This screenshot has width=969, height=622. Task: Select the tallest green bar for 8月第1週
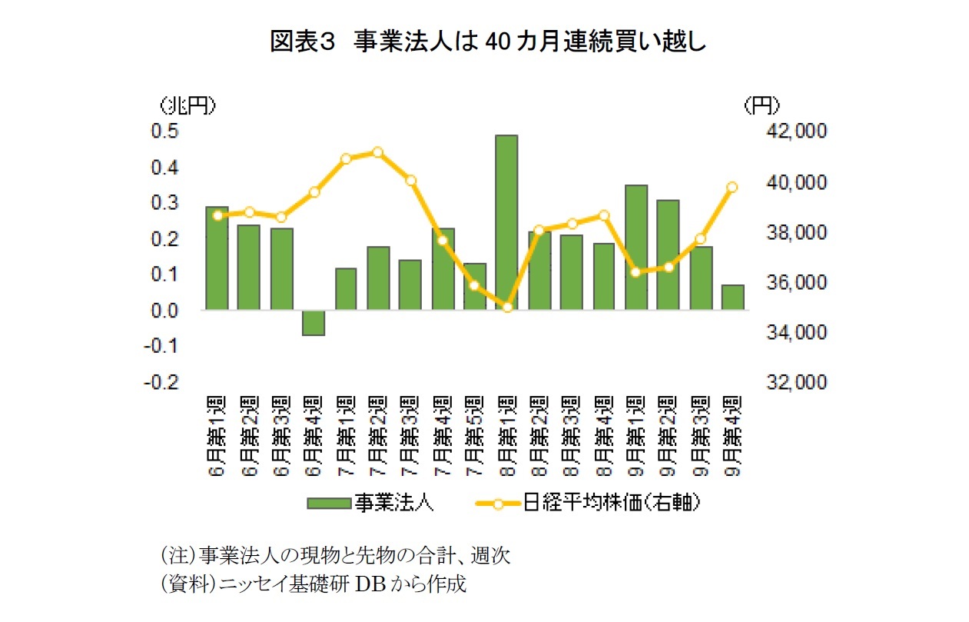pyautogui.click(x=506, y=222)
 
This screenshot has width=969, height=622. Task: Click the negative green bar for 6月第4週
pyautogui.click(x=314, y=323)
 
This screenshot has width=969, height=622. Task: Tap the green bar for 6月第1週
pyautogui.click(x=217, y=258)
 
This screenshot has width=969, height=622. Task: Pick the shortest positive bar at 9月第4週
pyautogui.click(x=732, y=298)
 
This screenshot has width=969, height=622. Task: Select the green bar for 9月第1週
pyautogui.click(x=635, y=248)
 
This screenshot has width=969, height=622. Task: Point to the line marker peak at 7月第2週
pyautogui.click(x=377, y=152)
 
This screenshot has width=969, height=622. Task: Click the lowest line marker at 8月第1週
pyautogui.click(x=507, y=308)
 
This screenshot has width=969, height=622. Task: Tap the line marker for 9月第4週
pyautogui.click(x=732, y=187)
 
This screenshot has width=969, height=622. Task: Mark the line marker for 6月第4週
pyautogui.click(x=314, y=192)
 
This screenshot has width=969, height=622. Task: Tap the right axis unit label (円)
pyautogui.click(x=762, y=105)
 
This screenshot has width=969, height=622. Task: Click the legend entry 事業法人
pyautogui.click(x=371, y=504)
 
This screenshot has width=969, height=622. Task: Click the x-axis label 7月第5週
pyautogui.click(x=475, y=436)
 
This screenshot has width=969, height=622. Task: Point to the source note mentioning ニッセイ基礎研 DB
pyautogui.click(x=311, y=584)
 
